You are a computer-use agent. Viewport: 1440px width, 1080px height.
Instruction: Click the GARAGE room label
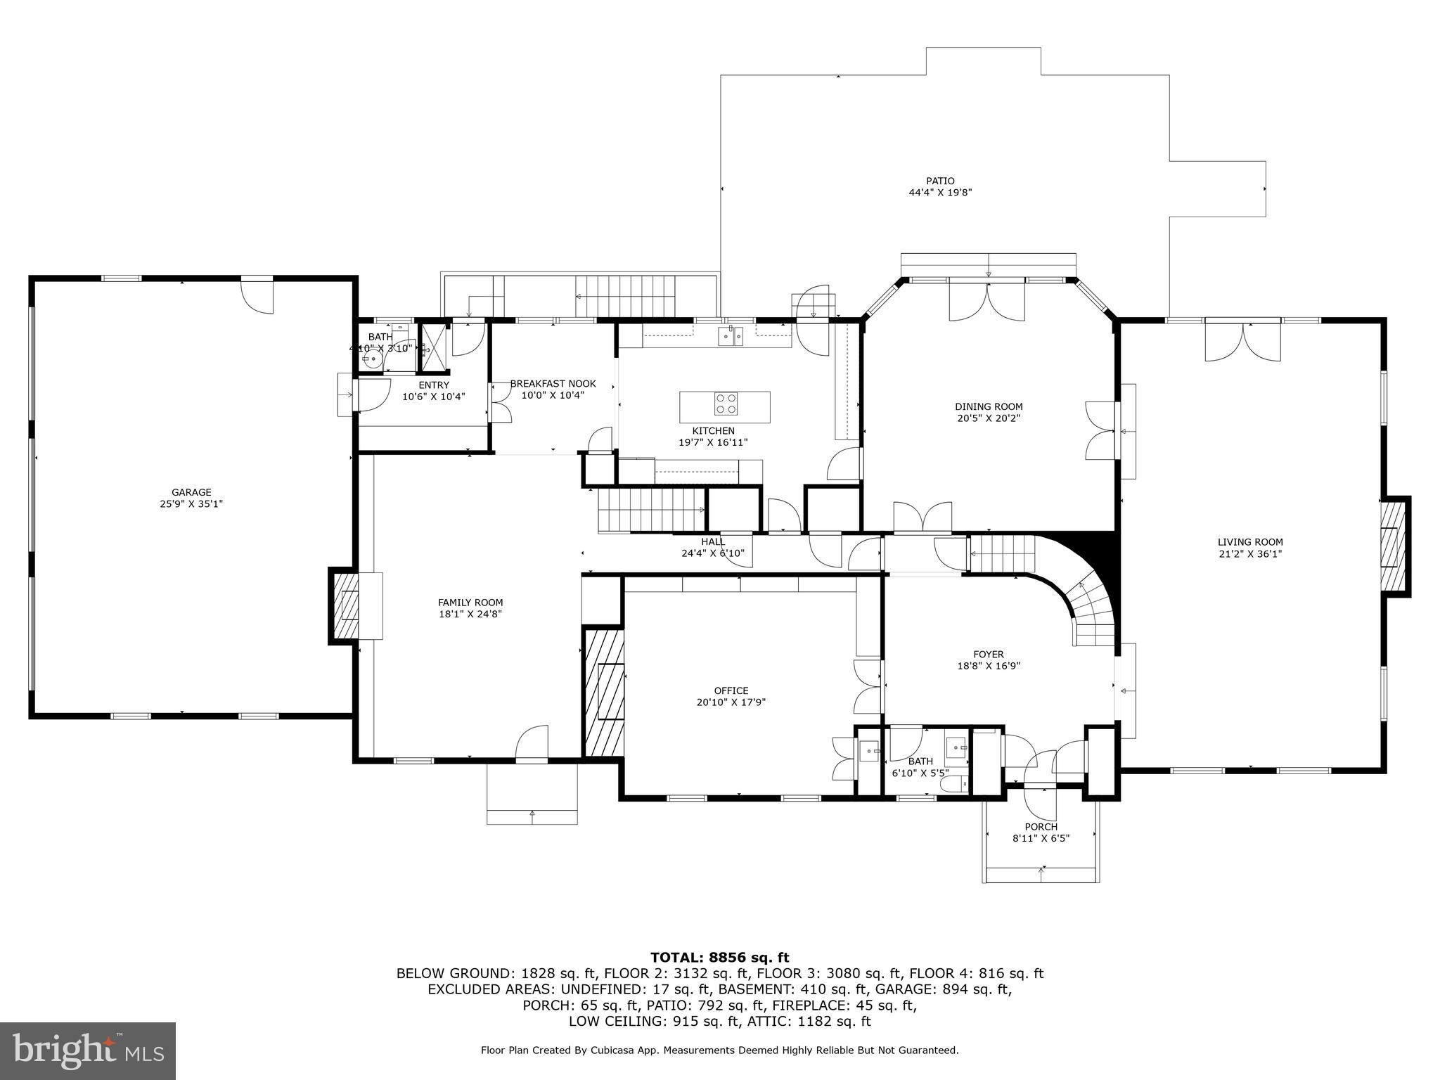tap(191, 493)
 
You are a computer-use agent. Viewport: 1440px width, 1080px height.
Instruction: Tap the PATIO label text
tap(940, 181)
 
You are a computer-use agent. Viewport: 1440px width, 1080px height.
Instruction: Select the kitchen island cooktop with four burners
tap(726, 404)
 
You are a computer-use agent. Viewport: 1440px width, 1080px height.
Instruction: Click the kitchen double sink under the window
tap(730, 337)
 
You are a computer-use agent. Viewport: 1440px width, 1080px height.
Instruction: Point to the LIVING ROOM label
tap(1249, 542)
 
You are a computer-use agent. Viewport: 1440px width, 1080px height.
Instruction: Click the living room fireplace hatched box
tap(1389, 546)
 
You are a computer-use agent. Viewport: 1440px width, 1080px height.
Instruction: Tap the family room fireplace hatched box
tap(346, 606)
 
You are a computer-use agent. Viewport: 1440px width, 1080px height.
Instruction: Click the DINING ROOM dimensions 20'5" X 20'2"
tap(988, 418)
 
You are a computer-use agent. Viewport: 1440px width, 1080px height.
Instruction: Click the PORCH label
tap(1041, 827)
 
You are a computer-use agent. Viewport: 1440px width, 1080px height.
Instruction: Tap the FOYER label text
tap(988, 655)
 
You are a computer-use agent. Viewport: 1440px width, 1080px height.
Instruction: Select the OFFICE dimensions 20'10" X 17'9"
tap(731, 702)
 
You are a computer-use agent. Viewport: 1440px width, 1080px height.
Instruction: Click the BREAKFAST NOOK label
tap(553, 384)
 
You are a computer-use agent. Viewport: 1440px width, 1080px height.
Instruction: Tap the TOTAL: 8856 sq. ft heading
tap(719, 957)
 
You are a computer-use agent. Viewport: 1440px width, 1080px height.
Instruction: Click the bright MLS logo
tap(88, 1050)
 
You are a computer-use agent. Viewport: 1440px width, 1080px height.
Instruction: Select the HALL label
tap(712, 541)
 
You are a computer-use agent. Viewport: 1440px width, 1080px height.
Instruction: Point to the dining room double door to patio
tap(986, 301)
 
